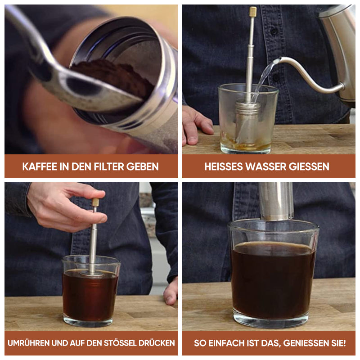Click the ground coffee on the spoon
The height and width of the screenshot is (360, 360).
click(108, 76)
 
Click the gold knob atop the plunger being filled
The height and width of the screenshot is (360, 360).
click(253, 12)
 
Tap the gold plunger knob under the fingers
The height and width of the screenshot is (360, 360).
click(95, 202)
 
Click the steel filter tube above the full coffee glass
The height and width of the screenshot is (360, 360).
click(276, 200)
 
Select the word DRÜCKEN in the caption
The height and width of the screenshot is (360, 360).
click(157, 343)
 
